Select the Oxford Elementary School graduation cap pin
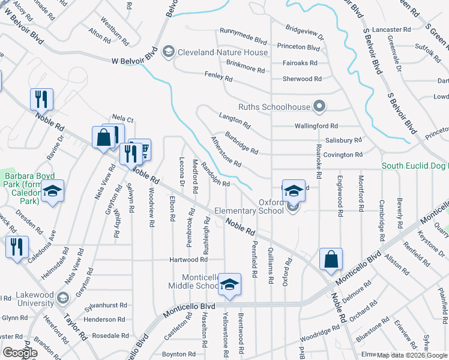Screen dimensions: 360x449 [x=294, y=191]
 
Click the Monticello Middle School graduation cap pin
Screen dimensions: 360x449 [x=229, y=285]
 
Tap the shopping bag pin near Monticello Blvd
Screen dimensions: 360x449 [x=331, y=260]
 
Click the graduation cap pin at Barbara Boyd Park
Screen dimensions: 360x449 [x=53, y=191]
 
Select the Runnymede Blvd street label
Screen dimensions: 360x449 [x=243, y=41]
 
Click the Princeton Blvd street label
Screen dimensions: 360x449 [x=298, y=47]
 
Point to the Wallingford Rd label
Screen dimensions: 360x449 [x=316, y=126]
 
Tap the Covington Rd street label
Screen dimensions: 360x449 [x=343, y=154]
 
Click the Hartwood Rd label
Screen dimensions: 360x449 [x=188, y=259]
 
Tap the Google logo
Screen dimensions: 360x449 [x=20, y=353]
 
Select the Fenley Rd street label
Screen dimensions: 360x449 [x=218, y=77]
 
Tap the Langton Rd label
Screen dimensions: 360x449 [x=235, y=121]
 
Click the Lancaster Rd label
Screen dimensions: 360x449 [x=391, y=29]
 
